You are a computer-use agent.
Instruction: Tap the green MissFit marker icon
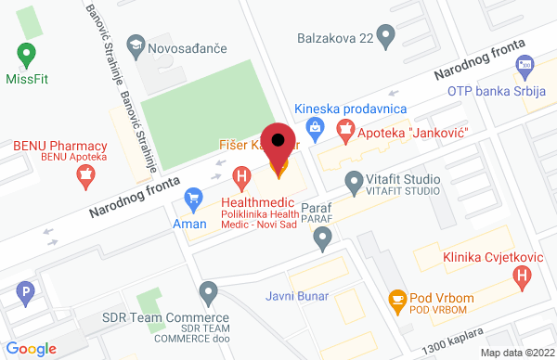26,54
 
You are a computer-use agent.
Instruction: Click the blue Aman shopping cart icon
194,198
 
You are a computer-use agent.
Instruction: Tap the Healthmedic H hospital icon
242,175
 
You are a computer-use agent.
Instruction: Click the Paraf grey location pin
322,239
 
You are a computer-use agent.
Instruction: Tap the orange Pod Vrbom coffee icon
396,299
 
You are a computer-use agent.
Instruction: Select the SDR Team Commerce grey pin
209,293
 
